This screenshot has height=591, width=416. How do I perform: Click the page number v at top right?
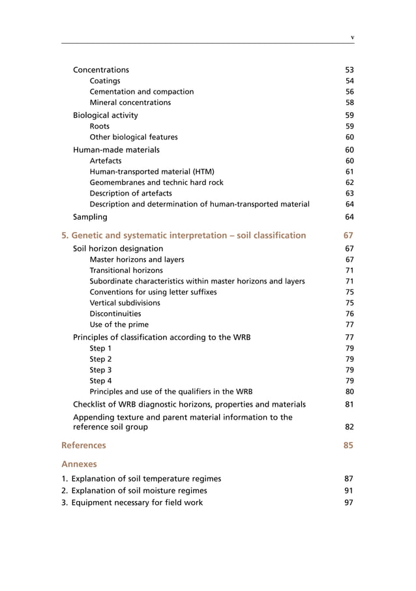(352, 37)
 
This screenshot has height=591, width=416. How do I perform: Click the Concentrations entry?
(101, 70)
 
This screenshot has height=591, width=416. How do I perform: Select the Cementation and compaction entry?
(141, 92)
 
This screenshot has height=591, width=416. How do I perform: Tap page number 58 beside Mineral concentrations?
(349, 102)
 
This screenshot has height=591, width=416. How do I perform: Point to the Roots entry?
(100, 126)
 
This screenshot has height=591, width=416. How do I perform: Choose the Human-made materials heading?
(116, 150)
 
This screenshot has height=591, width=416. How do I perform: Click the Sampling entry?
(90, 216)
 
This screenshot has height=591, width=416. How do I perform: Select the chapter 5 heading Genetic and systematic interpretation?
(183, 235)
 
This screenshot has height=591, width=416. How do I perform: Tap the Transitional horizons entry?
(126, 270)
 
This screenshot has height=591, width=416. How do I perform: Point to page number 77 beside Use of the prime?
(349, 324)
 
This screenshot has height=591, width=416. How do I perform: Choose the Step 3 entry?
(100, 370)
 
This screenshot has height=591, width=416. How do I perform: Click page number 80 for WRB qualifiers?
(349, 392)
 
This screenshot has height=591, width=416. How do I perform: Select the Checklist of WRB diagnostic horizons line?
(189, 405)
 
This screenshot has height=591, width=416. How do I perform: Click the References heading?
(83, 446)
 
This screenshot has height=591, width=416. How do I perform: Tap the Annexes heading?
(79, 465)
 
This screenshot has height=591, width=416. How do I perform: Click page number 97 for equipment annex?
(349, 502)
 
